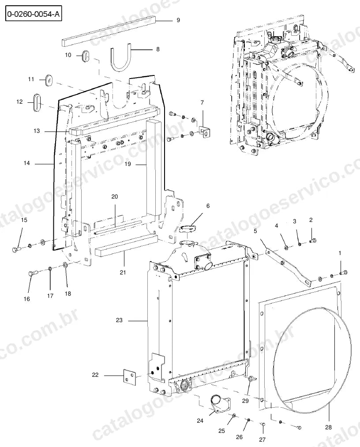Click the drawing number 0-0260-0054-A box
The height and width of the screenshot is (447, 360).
coord(34,14)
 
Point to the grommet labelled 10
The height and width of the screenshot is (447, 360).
coord(86,56)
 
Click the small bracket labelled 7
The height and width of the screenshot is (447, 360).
coord(205,131)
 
